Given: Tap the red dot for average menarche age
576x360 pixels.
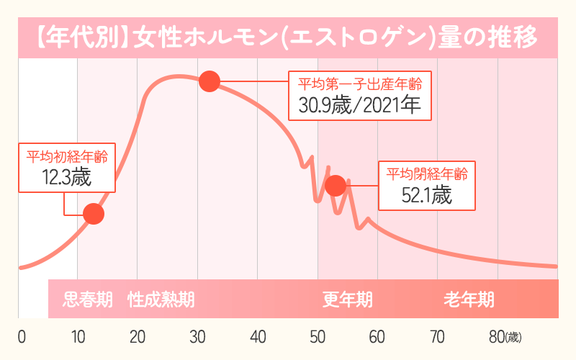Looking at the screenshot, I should click(x=94, y=214).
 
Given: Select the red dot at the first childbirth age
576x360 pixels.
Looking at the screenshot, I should click(x=208, y=81).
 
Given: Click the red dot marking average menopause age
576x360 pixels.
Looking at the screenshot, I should click(x=335, y=186).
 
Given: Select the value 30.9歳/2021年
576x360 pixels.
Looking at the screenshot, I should click(x=360, y=107).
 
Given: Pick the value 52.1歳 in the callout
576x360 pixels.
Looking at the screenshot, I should click(x=427, y=194).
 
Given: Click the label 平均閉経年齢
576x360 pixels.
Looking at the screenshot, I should click(x=427, y=174).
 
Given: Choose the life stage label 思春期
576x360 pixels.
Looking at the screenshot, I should click(x=88, y=299).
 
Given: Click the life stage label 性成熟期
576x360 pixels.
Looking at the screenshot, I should click(x=161, y=299).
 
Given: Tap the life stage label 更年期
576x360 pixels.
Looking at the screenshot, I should click(x=347, y=299).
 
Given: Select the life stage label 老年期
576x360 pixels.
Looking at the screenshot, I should click(x=469, y=299).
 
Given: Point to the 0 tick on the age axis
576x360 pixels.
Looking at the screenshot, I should click(x=21, y=337).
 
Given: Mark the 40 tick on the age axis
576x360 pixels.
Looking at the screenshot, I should click(x=257, y=337).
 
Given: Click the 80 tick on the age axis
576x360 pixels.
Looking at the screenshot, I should click(x=497, y=337).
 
